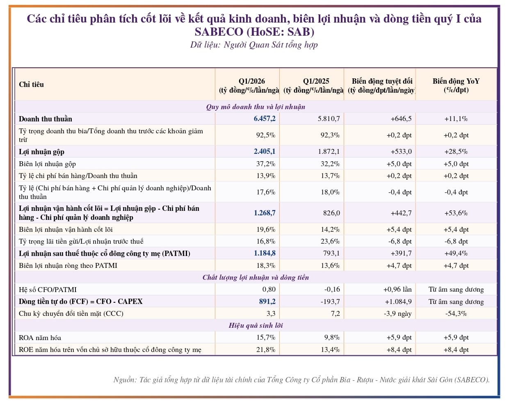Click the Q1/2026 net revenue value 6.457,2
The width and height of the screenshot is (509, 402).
tap(265, 119)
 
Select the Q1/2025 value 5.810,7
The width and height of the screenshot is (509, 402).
tap(329, 119)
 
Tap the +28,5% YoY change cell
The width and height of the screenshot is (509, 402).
tap(456, 151)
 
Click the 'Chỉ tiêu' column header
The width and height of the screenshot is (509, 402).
tap(31, 85)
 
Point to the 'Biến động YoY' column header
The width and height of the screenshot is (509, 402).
tap(456, 81)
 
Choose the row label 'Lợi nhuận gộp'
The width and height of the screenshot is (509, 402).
tap(41, 152)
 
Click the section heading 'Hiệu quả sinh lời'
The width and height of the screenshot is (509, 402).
tap(256, 325)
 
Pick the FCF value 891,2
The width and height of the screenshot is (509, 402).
tap(267, 301)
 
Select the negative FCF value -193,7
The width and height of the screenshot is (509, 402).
tap(330, 301)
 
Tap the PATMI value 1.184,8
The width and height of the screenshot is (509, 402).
tap(265, 253)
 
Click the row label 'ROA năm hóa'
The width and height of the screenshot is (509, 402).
tap(40, 338)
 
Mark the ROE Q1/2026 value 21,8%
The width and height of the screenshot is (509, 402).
tap(266, 349)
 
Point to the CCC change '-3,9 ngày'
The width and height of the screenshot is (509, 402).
tap(397, 314)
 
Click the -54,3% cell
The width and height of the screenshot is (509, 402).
tap(456, 313)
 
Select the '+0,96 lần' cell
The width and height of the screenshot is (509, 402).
tap(397, 289)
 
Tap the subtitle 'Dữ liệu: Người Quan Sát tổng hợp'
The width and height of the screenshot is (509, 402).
tap(254, 45)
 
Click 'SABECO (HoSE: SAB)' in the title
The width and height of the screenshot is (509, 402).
tap(254, 32)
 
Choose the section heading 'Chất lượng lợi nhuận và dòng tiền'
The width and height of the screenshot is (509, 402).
tap(256, 277)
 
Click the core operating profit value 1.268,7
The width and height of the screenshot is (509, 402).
tap(265, 213)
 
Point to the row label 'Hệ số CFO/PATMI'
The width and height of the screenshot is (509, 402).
tap(48, 290)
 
